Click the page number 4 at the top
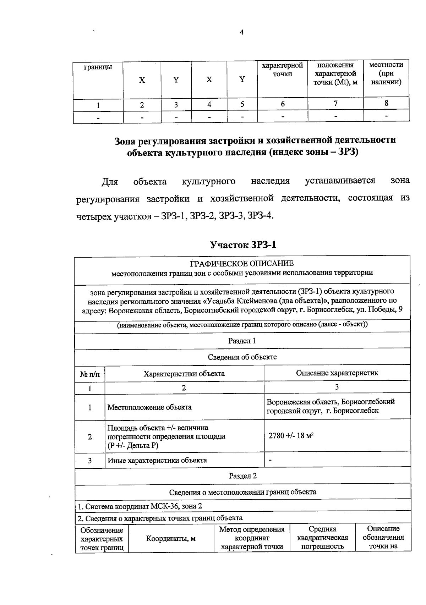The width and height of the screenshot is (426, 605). [x=242, y=33]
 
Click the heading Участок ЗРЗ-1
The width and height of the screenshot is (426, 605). [x=243, y=245]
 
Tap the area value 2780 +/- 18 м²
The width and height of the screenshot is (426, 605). [x=291, y=436]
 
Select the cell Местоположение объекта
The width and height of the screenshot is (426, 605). [x=149, y=407]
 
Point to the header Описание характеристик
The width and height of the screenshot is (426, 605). [x=337, y=373]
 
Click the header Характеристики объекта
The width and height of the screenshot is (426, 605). [x=184, y=374]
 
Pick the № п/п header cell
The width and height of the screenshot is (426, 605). [x=90, y=374]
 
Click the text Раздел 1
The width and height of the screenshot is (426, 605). [x=242, y=341]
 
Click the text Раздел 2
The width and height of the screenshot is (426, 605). [x=242, y=476]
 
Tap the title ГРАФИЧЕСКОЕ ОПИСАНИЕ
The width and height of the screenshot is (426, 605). [x=242, y=264]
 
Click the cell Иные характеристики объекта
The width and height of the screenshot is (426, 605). [x=157, y=461]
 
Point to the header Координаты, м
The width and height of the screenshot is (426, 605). [x=171, y=538]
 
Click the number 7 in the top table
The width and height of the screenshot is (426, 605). [x=335, y=103]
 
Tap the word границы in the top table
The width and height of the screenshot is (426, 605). [x=98, y=67]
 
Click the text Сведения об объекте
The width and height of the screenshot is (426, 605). [x=242, y=357]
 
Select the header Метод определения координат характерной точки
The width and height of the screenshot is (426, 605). [x=252, y=538]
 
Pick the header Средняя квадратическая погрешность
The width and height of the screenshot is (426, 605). [x=322, y=538]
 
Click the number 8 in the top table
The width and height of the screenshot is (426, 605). [x=386, y=103]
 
